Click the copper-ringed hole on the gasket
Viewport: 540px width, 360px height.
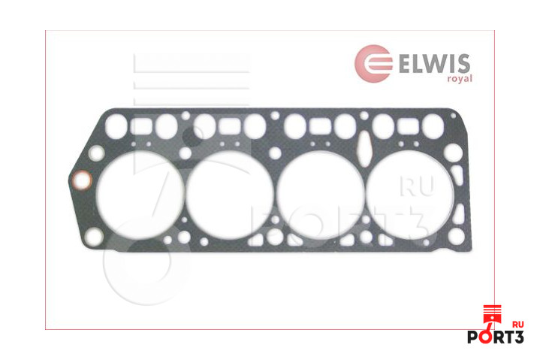pos(82,180)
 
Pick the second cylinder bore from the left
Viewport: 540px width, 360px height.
pos(230,195)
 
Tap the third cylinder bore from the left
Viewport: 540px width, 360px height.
pos(321,195)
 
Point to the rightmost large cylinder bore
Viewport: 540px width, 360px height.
pos(410,195)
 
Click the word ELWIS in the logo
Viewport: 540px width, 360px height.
pos(434,63)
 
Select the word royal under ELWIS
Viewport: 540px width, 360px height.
pos(460,79)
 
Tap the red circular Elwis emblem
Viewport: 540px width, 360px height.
pos(374,64)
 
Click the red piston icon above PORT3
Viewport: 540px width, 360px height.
pos(492,316)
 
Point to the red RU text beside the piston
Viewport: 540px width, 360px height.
pos(518,325)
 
